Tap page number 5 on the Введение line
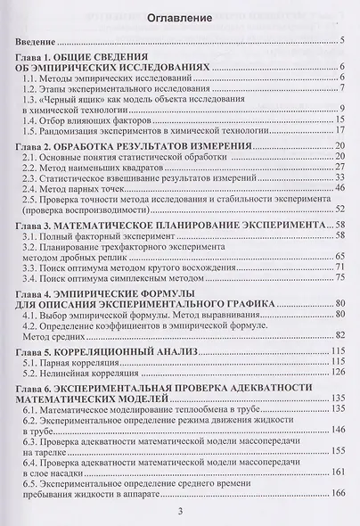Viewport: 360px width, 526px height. click(x=343, y=42)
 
